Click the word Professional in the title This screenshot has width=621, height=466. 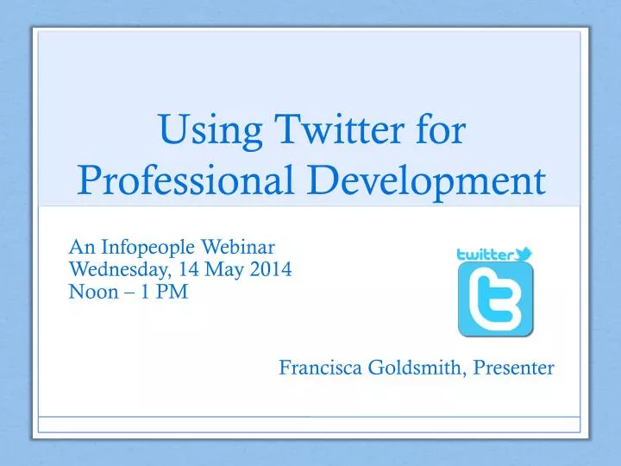click(x=174, y=180)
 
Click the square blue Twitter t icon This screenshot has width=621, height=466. click(x=495, y=299)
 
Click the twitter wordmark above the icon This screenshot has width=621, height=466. click(x=485, y=255)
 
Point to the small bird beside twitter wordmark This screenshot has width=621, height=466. click(x=524, y=253)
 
